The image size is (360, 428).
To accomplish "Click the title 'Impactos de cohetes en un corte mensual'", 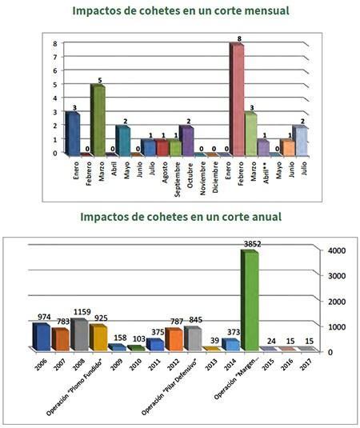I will tap(180, 11).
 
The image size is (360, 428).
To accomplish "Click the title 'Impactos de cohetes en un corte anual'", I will tap(180, 216).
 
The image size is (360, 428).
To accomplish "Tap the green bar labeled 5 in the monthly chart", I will tap(97, 120).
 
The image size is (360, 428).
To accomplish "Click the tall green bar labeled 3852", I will tap(250, 301).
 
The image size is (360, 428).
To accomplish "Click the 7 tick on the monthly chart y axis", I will tap(54, 57).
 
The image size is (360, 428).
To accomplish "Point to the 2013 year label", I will tap(210, 365).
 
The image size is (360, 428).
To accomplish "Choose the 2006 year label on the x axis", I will tap(39, 365).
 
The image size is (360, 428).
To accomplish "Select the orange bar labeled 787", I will tap(173, 340).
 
